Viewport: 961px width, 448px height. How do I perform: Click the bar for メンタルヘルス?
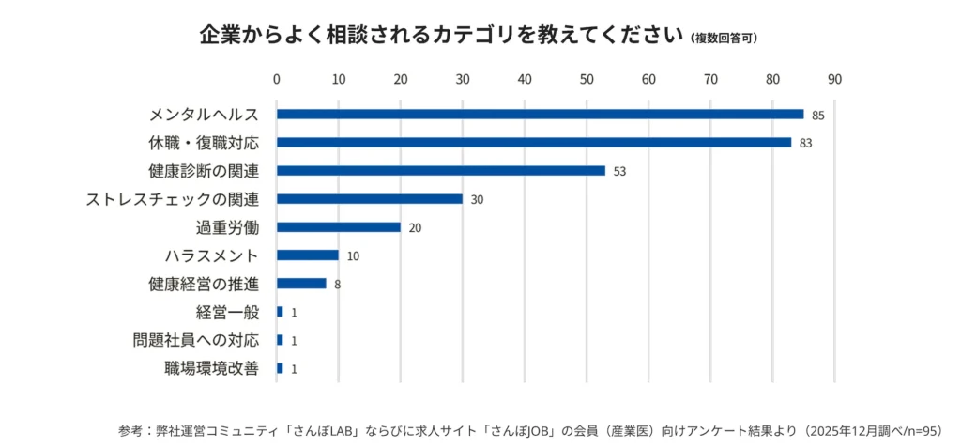[x=540, y=115]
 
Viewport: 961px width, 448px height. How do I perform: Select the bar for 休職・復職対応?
[x=533, y=143]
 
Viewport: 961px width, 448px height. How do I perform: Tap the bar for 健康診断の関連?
[x=440, y=171]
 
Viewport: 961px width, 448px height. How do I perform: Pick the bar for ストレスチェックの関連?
[x=369, y=199]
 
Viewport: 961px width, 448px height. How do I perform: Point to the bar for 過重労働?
[x=338, y=227]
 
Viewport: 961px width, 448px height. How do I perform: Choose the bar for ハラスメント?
[x=307, y=255]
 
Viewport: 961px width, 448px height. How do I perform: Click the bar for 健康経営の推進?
[x=301, y=284]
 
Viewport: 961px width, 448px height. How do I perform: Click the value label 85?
[x=817, y=116]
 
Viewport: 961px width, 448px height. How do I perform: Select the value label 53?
[x=619, y=172]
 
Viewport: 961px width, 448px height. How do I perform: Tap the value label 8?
[x=337, y=285]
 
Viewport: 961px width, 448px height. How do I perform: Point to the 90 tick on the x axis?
[x=834, y=79]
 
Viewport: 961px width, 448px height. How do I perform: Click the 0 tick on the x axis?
[x=277, y=79]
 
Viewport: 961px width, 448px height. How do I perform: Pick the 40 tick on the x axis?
[x=525, y=79]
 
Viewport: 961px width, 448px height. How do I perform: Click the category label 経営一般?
[x=227, y=312]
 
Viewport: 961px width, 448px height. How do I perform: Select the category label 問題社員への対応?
[x=196, y=340]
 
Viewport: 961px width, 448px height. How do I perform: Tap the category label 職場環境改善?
[x=211, y=368]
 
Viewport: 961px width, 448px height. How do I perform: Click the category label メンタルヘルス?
[x=204, y=115]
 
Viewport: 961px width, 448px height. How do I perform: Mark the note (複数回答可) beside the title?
[x=724, y=39]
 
